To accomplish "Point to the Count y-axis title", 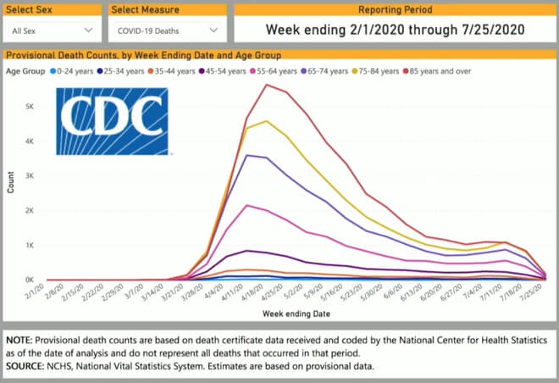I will (10, 185).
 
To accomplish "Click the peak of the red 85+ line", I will (267, 84).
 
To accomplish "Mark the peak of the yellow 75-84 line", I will (267, 121).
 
